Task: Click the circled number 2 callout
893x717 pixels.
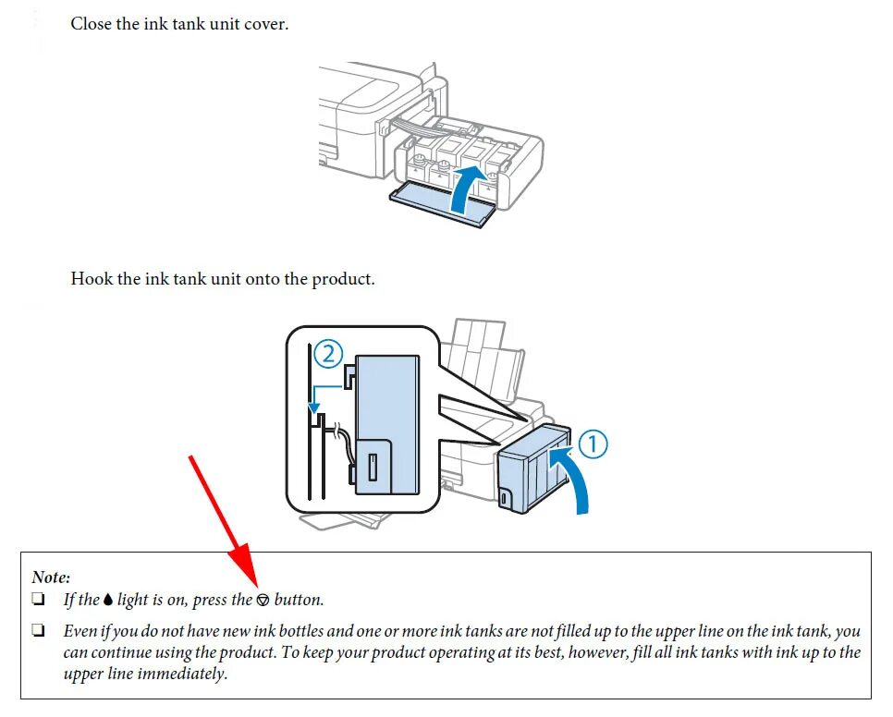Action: click(328, 353)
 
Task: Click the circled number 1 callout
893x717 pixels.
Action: click(593, 444)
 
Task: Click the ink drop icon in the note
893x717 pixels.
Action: click(108, 601)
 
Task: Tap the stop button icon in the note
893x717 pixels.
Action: click(263, 601)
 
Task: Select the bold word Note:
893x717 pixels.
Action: click(51, 577)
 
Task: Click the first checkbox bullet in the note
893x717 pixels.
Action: click(39, 600)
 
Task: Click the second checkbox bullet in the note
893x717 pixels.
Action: click(39, 632)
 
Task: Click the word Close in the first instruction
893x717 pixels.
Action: click(92, 24)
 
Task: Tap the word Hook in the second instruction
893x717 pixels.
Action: click(92, 278)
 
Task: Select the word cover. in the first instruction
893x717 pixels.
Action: click(266, 24)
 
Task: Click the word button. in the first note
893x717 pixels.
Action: click(300, 600)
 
